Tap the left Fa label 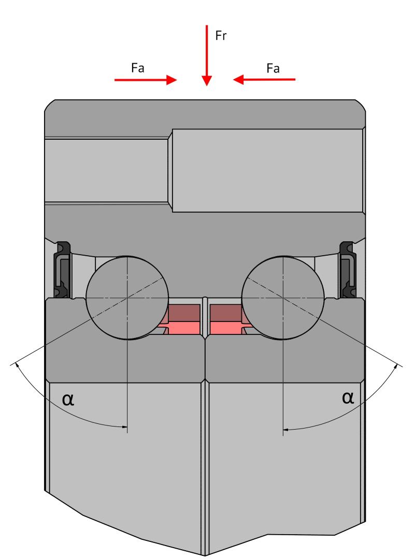137,68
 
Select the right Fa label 273,68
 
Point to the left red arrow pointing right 146,80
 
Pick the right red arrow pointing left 264,80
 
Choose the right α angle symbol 348,397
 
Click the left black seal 62,269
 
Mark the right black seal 347,269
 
